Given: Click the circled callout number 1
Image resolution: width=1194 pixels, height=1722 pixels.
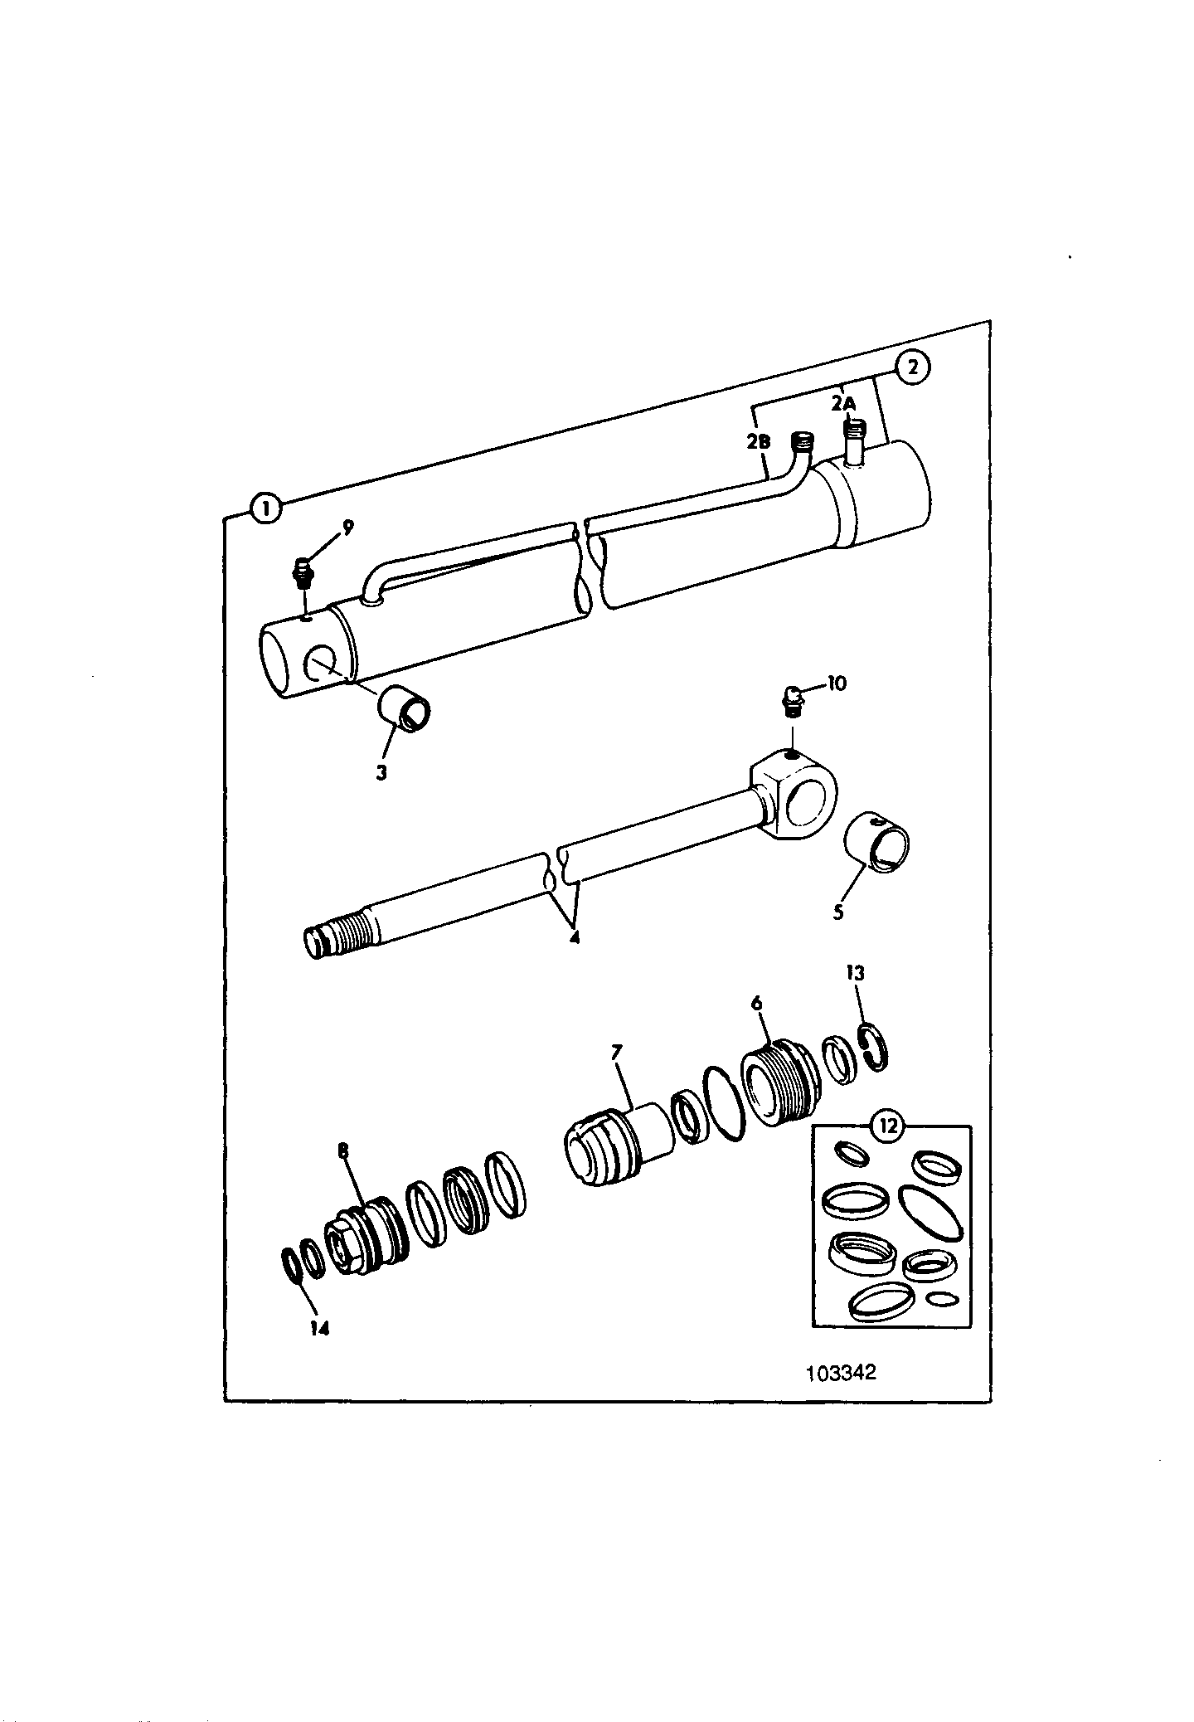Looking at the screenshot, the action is pyautogui.click(x=265, y=508).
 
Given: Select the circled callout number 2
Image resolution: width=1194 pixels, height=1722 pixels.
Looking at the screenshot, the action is pyautogui.click(x=912, y=367).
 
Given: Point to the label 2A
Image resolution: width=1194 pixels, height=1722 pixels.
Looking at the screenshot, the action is pyautogui.click(x=842, y=403).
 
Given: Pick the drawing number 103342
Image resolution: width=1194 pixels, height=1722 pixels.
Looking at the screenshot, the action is pyautogui.click(x=841, y=1372).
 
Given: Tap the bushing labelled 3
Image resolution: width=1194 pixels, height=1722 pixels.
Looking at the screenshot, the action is pyautogui.click(x=405, y=708).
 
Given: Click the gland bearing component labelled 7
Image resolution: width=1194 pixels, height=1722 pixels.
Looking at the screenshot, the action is pyautogui.click(x=618, y=1146).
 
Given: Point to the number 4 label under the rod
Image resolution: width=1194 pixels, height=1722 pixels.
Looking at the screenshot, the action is pyautogui.click(x=574, y=939).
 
